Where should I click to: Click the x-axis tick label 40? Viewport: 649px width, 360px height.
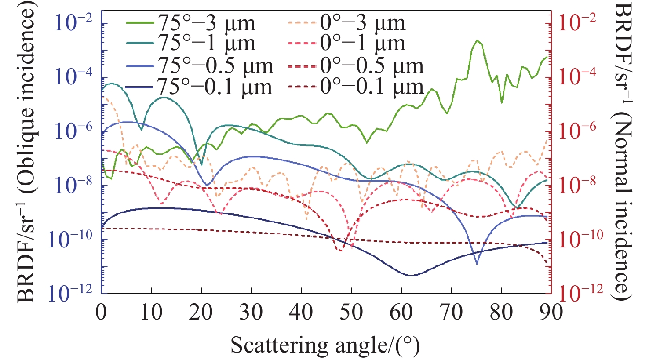(301, 313)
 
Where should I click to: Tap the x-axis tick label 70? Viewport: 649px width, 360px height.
(451, 313)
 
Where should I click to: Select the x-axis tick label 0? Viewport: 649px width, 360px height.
(102, 313)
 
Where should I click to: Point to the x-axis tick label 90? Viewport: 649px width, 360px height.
(551, 313)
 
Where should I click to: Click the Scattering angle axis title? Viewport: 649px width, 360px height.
(325, 345)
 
